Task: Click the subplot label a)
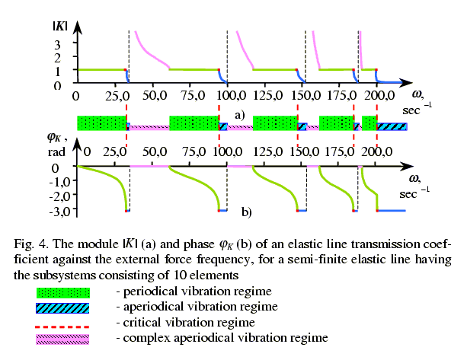click(x=239, y=115)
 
